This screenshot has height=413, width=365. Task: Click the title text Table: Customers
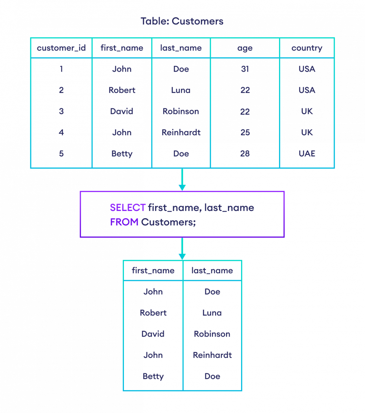(x=182, y=21)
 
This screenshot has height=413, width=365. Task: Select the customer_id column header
(x=61, y=48)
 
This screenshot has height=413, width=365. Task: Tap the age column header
(x=245, y=48)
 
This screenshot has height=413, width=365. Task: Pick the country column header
(x=307, y=48)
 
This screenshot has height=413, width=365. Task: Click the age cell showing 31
(x=245, y=69)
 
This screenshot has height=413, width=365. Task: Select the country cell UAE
(x=307, y=153)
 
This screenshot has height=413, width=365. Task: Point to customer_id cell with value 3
(x=61, y=112)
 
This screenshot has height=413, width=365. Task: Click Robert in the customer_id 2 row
(x=122, y=90)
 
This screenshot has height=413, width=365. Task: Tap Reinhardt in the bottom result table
(x=212, y=355)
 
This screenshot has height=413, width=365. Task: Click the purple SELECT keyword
(x=128, y=208)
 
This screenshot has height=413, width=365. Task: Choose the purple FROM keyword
(x=124, y=222)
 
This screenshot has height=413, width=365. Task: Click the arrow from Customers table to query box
(x=182, y=180)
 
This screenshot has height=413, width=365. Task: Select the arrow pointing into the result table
(x=182, y=249)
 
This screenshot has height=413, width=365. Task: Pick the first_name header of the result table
(x=153, y=271)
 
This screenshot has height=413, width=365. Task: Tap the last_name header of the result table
(x=212, y=271)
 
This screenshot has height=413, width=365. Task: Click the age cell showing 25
(x=245, y=133)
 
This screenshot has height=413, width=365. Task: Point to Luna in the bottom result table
(x=212, y=313)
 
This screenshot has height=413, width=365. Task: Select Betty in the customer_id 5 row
(x=122, y=153)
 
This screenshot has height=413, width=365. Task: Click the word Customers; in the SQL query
(x=168, y=222)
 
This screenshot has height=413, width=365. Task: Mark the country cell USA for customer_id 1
(x=307, y=69)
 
